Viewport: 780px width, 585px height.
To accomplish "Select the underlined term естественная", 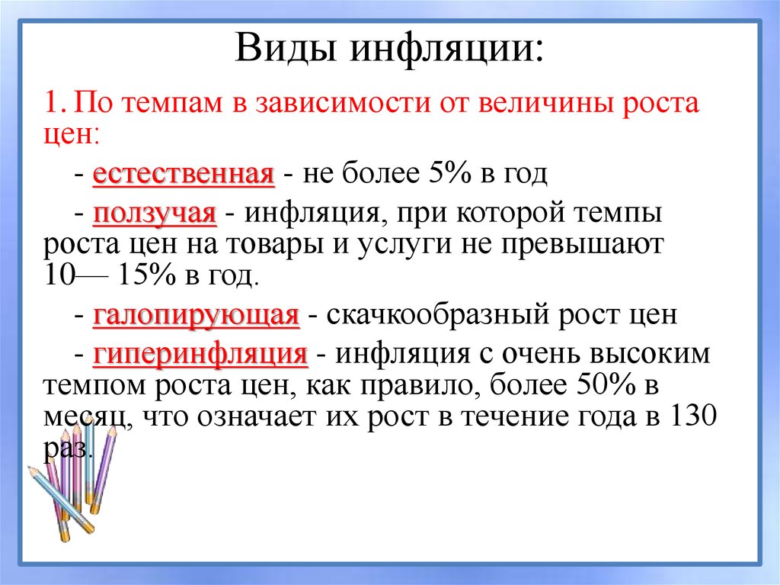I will click(183, 174).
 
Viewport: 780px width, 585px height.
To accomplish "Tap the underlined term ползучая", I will click(155, 213).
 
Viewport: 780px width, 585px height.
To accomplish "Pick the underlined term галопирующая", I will click(196, 315).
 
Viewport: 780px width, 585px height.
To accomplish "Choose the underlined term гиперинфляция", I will click(200, 355).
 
